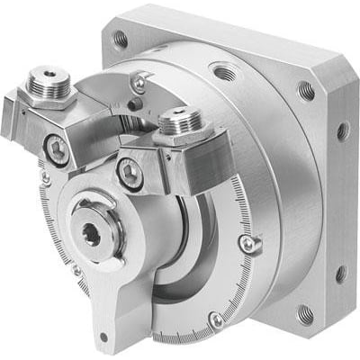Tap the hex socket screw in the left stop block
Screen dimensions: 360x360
tap(57, 151)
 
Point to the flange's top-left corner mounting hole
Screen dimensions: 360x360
tap(120, 39)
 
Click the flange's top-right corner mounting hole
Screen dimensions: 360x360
tap(306, 90)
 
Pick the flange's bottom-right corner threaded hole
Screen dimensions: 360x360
tap(305, 314)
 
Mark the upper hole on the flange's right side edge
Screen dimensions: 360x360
tap(343, 131)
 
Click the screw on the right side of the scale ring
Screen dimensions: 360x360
tap(247, 243)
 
